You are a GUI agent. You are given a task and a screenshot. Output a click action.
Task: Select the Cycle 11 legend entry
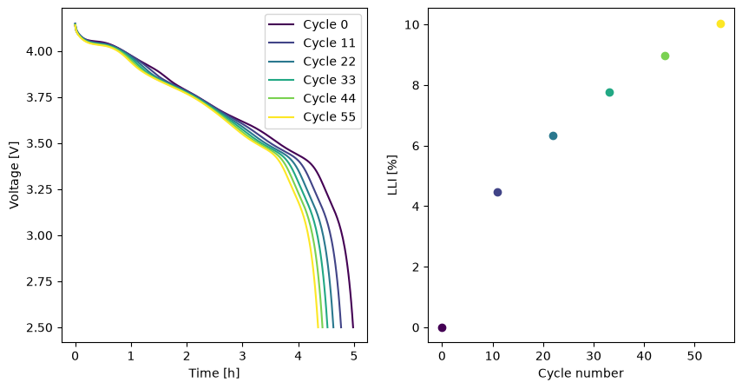click(312, 43)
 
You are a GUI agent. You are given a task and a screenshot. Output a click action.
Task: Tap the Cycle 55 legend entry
click(312, 117)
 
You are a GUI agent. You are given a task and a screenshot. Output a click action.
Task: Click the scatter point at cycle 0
click(442, 327)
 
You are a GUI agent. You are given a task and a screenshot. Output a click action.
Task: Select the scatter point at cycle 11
click(497, 192)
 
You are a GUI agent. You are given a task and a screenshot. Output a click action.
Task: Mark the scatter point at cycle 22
click(553, 135)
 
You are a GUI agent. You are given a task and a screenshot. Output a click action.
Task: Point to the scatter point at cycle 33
click(609, 92)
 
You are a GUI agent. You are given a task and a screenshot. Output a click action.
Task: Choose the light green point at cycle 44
click(665, 56)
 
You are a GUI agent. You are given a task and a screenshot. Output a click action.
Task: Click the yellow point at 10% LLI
click(720, 24)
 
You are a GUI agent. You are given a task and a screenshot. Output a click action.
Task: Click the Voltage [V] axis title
click(14, 175)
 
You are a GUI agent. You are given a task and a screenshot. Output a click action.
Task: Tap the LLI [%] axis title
click(392, 175)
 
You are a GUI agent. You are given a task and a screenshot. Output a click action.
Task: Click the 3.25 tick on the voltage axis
click(40, 190)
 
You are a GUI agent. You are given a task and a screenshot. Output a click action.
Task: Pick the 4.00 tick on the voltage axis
click(40, 51)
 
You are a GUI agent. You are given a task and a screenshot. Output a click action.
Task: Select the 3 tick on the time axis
click(242, 355)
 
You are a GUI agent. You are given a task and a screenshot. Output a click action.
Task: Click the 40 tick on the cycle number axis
click(644, 355)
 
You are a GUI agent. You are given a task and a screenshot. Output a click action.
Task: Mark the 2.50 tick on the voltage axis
click(40, 328)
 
